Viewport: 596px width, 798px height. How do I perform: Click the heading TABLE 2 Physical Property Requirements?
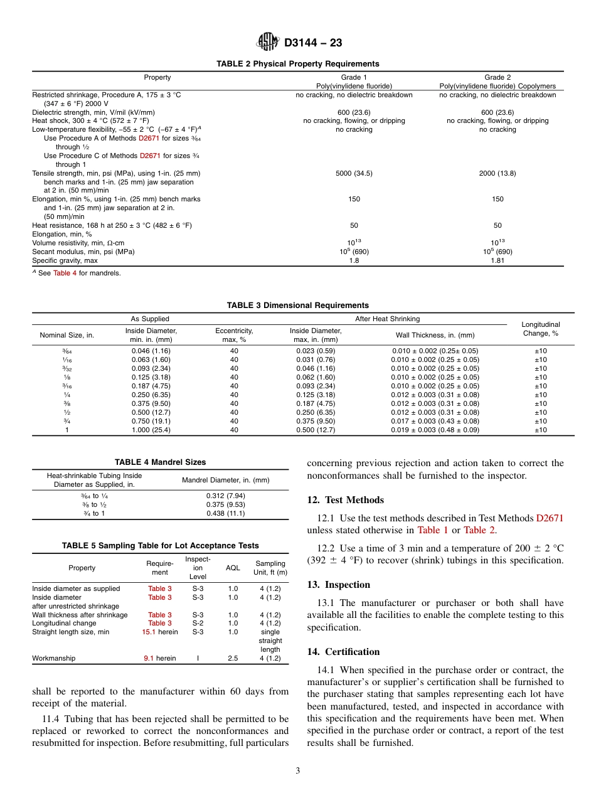297,64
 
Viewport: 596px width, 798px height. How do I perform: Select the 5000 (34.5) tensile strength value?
354,173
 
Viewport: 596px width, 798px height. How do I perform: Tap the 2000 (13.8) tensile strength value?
497,173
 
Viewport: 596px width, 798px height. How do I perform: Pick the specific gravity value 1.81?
497,260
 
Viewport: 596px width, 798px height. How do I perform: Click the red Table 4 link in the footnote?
65,273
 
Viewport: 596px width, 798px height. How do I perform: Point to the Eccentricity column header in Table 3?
234,335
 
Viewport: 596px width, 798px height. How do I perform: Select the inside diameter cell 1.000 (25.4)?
151,430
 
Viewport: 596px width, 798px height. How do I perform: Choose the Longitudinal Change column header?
540,329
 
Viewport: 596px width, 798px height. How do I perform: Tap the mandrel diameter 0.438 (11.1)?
225,513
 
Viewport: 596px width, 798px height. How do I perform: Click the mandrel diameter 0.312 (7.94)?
225,496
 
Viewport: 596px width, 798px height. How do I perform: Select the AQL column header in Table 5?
233,568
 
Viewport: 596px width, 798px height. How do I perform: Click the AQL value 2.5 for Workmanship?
233,658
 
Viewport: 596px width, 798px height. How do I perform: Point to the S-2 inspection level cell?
198,623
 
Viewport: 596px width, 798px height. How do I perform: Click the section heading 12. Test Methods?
345,500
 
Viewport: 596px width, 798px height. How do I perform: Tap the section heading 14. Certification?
343,652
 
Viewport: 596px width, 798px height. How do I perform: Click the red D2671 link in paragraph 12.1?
550,518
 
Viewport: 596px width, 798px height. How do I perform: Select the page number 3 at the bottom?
297,771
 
